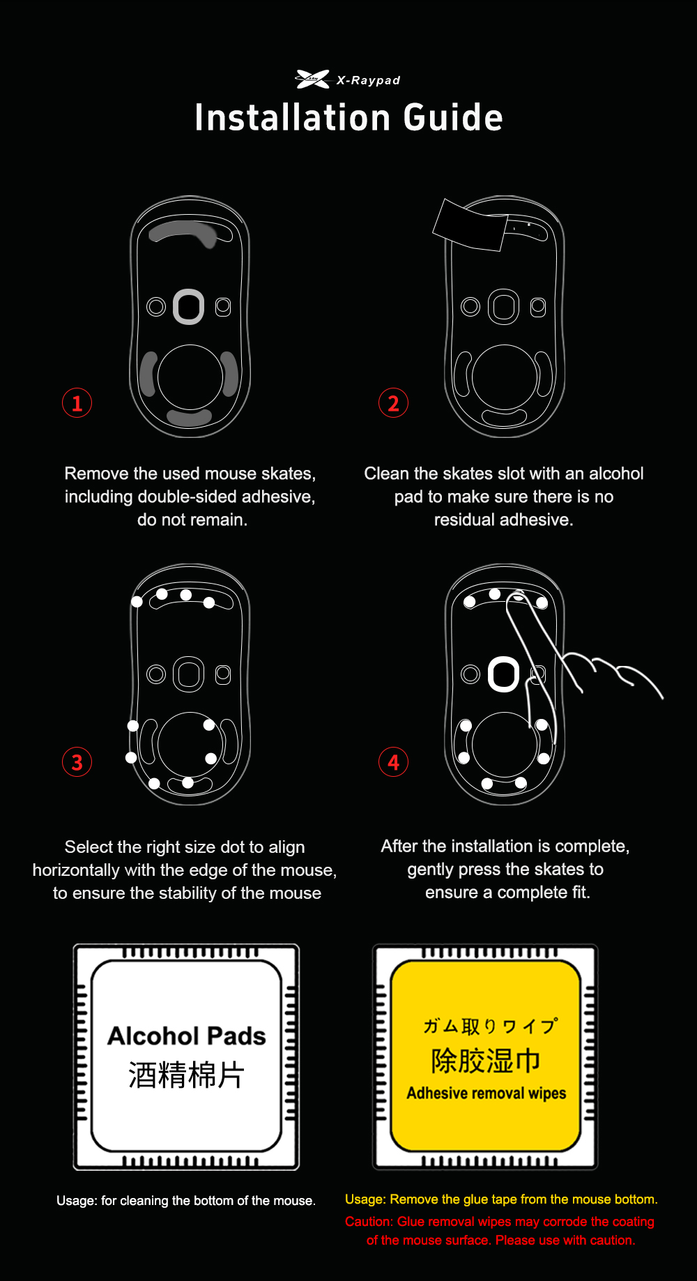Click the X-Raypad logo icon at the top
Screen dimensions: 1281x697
tap(312, 79)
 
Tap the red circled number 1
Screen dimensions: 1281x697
tap(77, 403)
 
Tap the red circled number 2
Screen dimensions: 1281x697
tap(393, 403)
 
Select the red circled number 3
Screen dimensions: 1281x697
tap(77, 762)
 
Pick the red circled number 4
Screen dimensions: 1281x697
tap(393, 762)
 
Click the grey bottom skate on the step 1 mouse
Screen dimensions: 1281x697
tap(189, 418)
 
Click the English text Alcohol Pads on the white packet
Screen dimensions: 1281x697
tap(186, 1036)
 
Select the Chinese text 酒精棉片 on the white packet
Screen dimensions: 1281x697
tap(186, 1075)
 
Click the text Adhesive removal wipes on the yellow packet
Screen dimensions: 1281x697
tap(486, 1093)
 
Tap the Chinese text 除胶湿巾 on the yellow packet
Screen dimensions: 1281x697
tap(486, 1061)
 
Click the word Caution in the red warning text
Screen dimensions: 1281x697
tap(369, 1222)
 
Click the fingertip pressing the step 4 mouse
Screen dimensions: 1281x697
tap(518, 598)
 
